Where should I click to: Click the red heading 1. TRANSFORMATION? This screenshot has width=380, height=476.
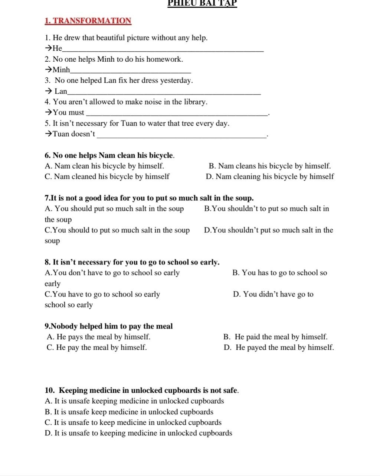(88, 21)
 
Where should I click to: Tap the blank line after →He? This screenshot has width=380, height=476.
(163, 50)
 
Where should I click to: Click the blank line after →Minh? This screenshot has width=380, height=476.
(131, 71)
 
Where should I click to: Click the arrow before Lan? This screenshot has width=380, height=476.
(48, 91)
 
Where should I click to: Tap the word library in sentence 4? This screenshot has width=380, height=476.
(195, 102)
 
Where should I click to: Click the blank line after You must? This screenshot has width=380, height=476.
(176, 115)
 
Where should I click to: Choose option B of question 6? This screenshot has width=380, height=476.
(270, 166)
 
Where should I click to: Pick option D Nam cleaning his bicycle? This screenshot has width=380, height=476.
(270, 177)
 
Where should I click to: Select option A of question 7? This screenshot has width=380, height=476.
(114, 209)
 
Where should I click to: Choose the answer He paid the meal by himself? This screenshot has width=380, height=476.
(276, 337)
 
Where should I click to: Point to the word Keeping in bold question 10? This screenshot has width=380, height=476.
(73, 391)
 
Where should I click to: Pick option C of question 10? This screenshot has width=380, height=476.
(133, 422)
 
